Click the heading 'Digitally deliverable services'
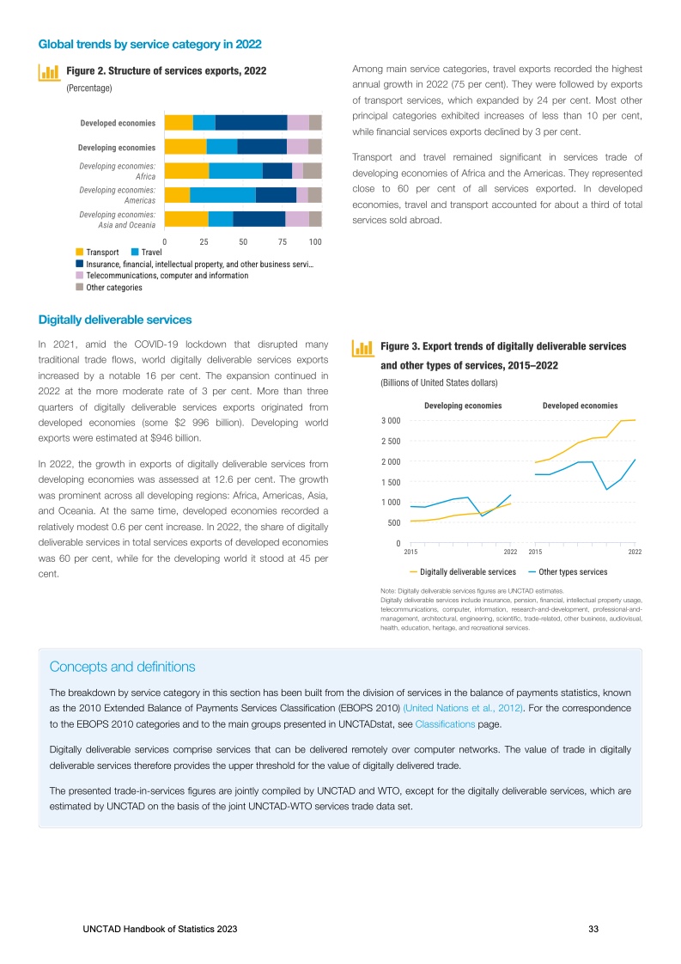(115, 320)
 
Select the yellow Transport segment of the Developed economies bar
(179, 123)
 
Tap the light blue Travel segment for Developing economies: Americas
(222, 195)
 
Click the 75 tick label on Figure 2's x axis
(283, 243)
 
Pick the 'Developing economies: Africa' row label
(117, 171)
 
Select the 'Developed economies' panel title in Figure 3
(580, 405)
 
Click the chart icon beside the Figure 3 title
(364, 347)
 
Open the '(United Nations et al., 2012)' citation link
(463, 708)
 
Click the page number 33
(593, 930)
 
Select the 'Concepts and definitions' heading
(122, 667)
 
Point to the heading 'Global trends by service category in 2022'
(150, 43)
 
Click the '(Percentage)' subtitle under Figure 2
(89, 88)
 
